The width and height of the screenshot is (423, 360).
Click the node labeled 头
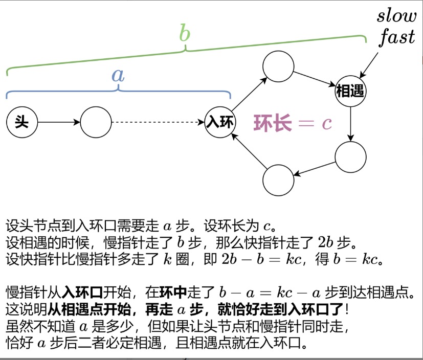point(22,123)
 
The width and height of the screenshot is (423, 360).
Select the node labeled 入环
point(219,123)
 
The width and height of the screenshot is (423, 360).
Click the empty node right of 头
point(96,123)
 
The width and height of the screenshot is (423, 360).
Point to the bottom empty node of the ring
point(278,179)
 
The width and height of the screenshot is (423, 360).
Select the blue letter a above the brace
point(118,75)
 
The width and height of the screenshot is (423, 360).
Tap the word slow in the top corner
point(397,16)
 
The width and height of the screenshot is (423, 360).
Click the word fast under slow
point(397,37)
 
